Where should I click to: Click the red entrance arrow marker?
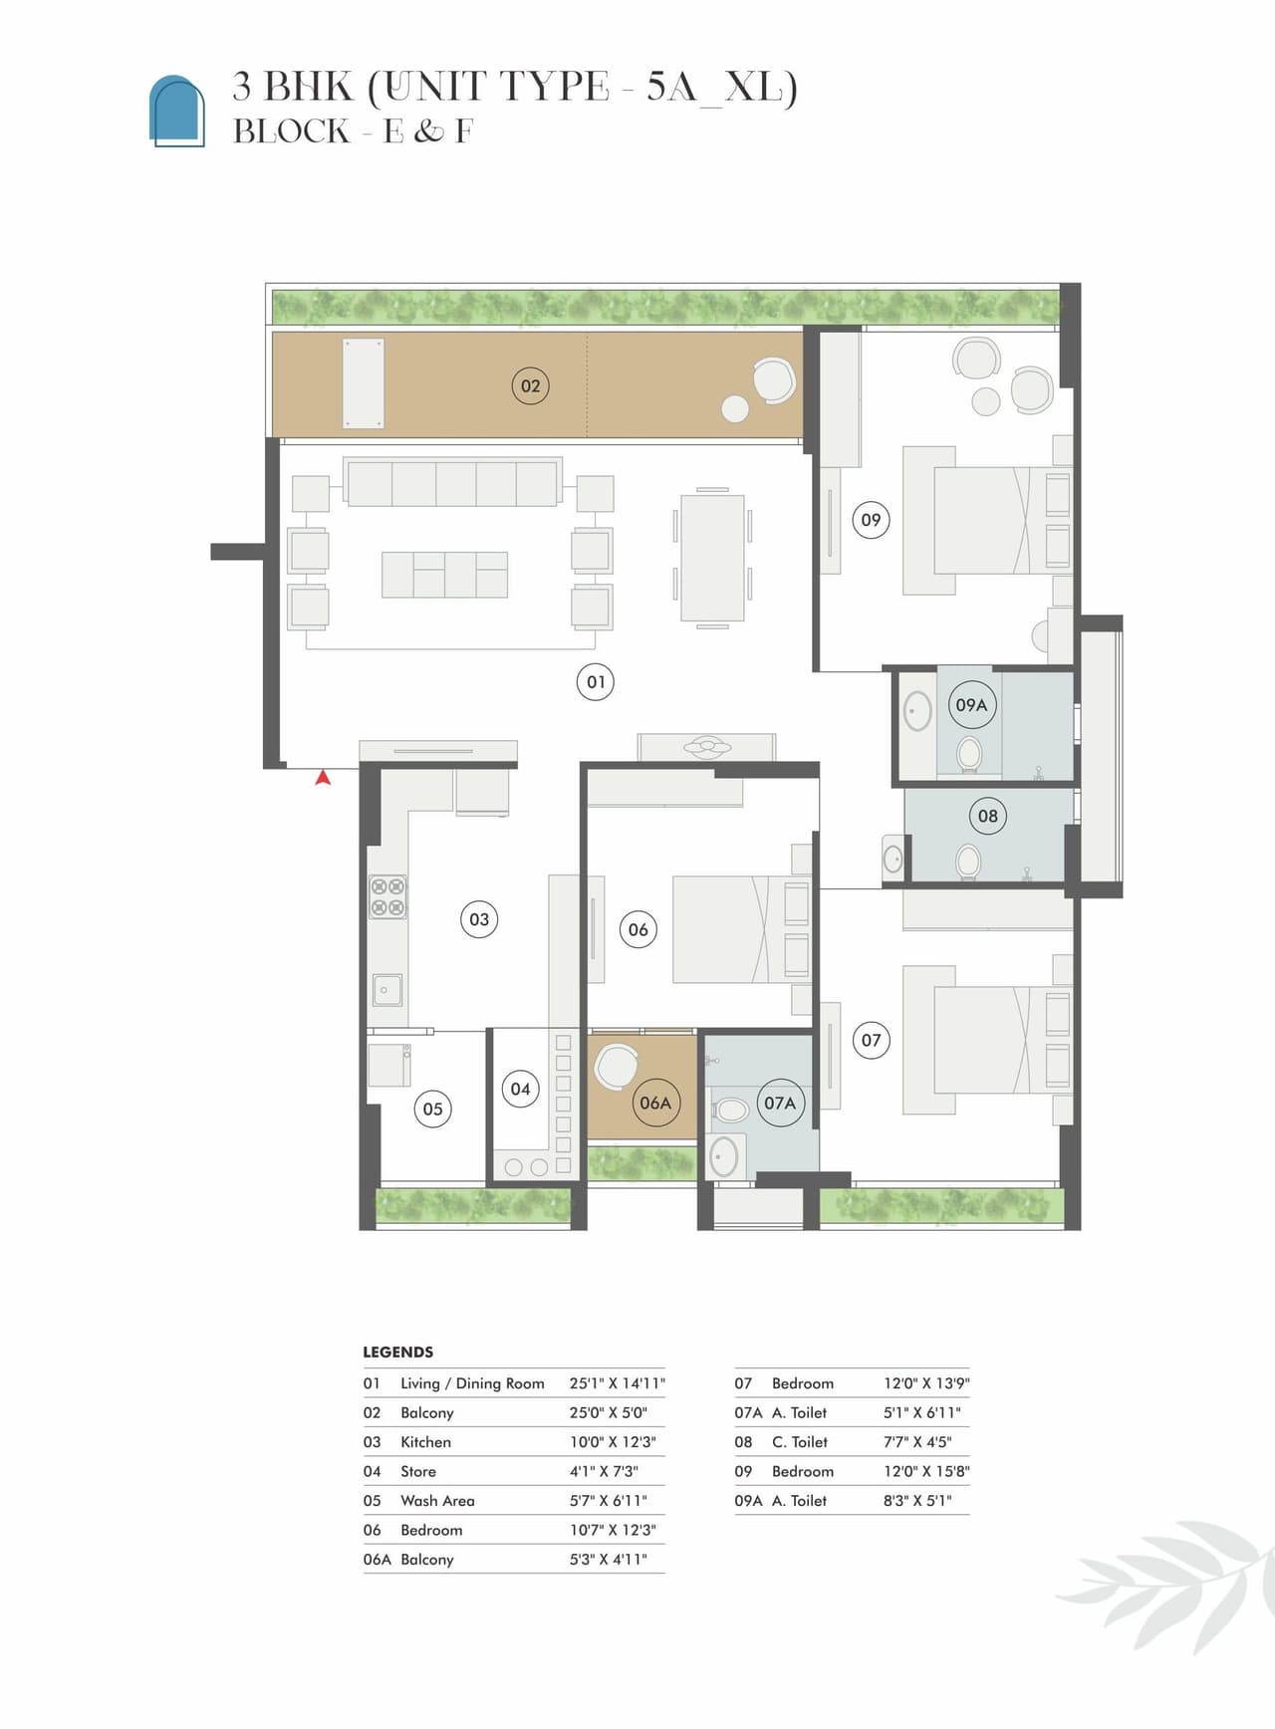[x=323, y=778]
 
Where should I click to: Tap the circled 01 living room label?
[x=596, y=682]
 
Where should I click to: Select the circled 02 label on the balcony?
[x=530, y=385]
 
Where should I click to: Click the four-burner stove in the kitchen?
[x=387, y=896]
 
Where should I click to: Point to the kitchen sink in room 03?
[x=387, y=989]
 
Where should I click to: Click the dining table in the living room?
[x=712, y=559]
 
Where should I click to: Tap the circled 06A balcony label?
[x=655, y=1103]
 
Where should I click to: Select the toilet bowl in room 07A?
[x=731, y=1110]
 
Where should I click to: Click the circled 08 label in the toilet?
[x=987, y=816]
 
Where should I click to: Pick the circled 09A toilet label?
[x=971, y=705]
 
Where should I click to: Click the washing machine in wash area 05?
[x=389, y=1065]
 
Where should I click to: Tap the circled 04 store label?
[x=520, y=1089]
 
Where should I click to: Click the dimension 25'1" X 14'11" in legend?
[x=618, y=1383]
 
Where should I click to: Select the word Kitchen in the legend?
[x=425, y=1442]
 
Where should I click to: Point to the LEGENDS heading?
[x=397, y=1353]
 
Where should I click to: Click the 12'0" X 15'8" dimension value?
[x=926, y=1471]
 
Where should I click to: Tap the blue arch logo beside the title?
[x=177, y=111]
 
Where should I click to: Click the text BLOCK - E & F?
[x=353, y=131]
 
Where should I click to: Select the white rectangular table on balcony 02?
[x=364, y=383]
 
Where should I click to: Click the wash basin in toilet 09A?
[x=916, y=711]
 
